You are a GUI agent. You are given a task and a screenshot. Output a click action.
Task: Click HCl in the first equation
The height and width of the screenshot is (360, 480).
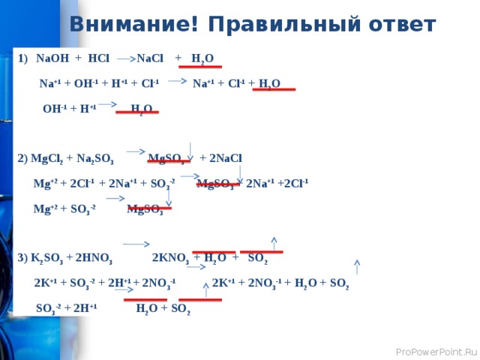point(98,58)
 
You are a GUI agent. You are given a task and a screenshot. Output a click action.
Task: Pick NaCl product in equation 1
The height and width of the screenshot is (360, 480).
point(151,58)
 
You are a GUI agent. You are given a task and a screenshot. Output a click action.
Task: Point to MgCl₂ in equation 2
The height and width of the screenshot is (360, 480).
point(46,158)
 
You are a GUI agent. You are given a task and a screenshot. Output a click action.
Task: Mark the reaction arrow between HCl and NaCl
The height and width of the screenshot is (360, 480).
point(126,57)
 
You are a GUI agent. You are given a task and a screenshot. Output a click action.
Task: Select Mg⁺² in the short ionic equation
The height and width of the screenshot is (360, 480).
point(43,208)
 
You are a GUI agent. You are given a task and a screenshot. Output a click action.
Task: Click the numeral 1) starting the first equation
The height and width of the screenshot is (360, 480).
point(22,58)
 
